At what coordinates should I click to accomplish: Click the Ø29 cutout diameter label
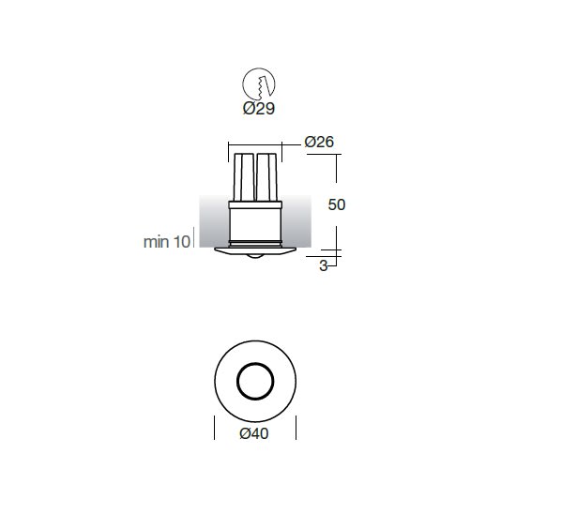259,108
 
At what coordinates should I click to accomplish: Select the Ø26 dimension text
319,142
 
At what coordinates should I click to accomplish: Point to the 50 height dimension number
337,204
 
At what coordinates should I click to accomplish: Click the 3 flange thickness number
324,266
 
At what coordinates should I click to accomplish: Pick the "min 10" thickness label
167,242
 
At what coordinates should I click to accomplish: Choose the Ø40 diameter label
254,433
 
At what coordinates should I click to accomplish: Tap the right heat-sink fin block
266,177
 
